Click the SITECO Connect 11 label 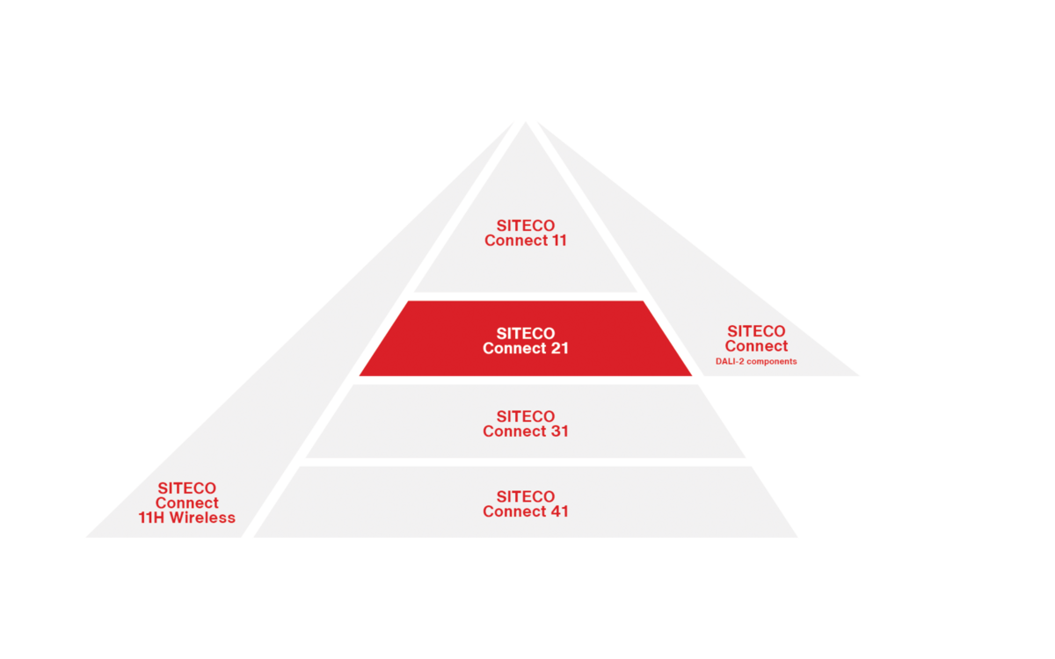526,233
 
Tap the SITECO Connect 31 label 526,424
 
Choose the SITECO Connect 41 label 526,503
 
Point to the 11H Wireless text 186,518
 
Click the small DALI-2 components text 756,361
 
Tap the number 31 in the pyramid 556,431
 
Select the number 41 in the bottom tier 556,511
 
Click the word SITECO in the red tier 526,334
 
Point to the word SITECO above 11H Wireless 186,489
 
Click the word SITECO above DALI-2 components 756,331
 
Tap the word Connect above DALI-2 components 756,346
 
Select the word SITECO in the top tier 526,226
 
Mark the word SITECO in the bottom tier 526,496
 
